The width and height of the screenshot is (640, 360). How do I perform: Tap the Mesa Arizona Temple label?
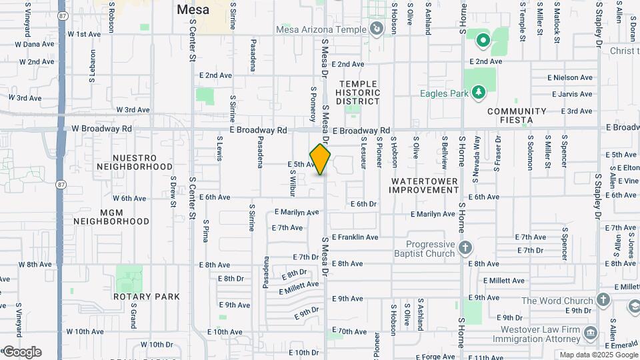(321, 29)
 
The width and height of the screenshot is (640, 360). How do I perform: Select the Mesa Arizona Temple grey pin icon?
(377, 29)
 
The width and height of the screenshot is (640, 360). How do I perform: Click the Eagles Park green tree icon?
(478, 93)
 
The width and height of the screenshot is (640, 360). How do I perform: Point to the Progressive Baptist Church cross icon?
(465, 249)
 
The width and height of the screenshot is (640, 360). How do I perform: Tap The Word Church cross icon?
(604, 300)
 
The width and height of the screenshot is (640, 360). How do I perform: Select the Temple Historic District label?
(358, 93)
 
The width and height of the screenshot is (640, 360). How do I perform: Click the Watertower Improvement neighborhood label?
(425, 185)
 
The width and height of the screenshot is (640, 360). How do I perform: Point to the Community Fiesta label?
(517, 116)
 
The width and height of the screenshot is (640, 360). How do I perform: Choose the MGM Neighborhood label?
(111, 216)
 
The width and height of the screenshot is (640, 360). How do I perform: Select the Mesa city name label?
(193, 10)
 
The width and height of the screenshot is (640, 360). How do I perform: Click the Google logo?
(22, 352)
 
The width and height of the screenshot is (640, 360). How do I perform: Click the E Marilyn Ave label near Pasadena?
(297, 213)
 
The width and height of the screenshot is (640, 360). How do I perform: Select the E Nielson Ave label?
(570, 77)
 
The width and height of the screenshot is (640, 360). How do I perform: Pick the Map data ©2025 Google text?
(597, 355)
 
